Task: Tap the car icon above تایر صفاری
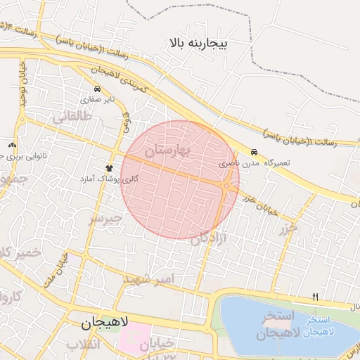point(97,89)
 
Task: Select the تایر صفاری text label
point(97,99)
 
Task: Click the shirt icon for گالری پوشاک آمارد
point(109,168)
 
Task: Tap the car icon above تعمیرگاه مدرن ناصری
point(254,152)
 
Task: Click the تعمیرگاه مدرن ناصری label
point(248,162)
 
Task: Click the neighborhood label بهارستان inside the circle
point(167,151)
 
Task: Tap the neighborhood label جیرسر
point(105,219)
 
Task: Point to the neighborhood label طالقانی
point(71,120)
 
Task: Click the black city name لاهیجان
point(105,323)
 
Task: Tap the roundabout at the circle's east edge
point(229,186)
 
